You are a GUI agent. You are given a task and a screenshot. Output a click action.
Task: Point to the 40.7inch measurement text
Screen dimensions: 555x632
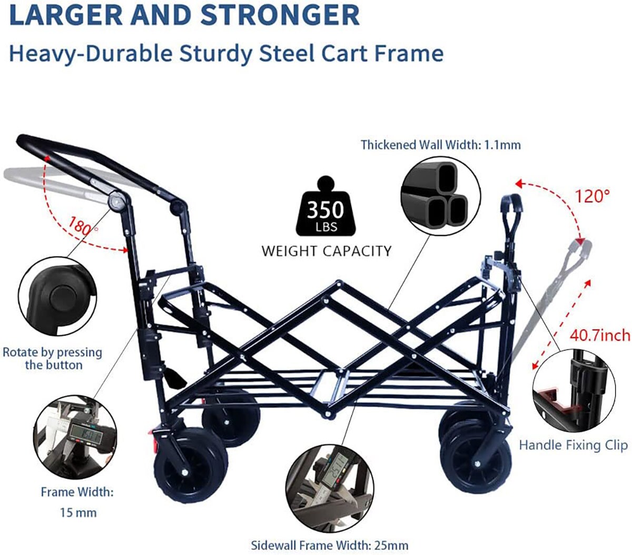tap(600, 335)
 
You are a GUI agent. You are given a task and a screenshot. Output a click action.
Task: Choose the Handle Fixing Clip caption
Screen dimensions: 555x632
tap(573, 445)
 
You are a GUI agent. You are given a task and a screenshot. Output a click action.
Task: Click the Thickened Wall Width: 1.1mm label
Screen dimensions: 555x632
tap(440, 145)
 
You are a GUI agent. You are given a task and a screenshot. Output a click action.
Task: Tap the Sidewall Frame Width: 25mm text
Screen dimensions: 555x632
tap(329, 545)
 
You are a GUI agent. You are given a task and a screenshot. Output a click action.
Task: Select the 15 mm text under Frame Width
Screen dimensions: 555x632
tap(78, 511)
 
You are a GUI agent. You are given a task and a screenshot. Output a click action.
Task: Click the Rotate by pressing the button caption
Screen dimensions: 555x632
tap(52, 359)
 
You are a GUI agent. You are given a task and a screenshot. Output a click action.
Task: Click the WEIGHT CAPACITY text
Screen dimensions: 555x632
tap(327, 251)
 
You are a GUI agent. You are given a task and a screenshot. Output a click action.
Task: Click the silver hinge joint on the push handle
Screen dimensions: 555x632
tap(117, 200)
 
